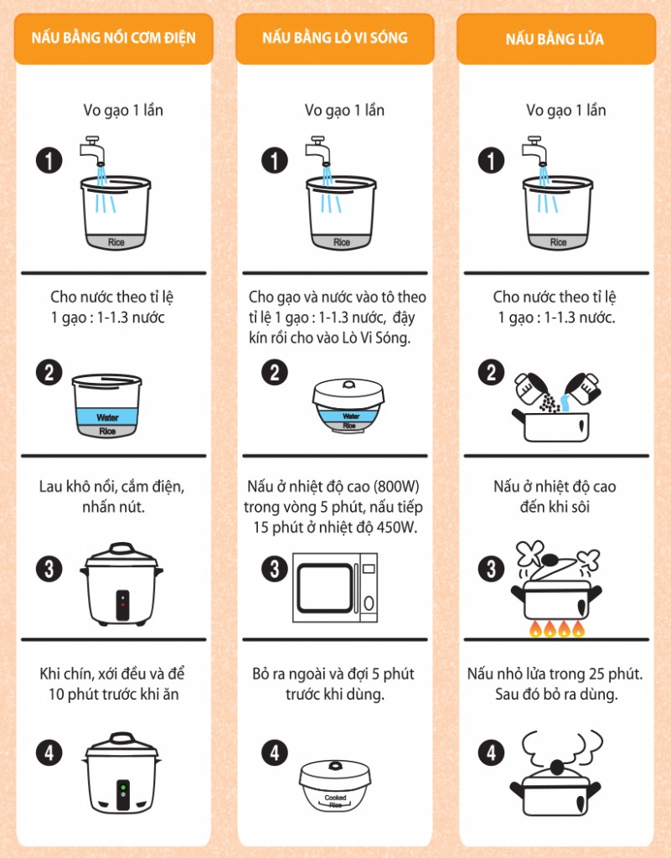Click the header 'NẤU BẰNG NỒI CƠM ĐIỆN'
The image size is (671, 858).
(113, 38)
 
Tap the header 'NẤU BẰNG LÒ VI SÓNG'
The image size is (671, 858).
(335, 38)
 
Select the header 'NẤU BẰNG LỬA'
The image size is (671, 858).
(555, 39)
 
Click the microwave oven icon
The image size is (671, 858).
(335, 587)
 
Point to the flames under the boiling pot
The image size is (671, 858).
(557, 628)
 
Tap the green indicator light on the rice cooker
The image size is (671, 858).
(123, 788)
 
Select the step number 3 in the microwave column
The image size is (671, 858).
(275, 569)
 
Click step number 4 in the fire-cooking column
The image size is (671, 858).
(491, 752)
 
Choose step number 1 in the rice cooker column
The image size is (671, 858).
(49, 161)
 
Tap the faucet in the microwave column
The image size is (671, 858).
(317, 150)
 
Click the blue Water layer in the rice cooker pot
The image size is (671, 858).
(107, 416)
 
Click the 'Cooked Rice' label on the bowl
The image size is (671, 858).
(335, 801)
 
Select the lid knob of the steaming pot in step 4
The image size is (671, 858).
(557, 768)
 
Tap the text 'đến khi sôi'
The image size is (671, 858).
(555, 507)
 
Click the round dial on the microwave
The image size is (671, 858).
(369, 603)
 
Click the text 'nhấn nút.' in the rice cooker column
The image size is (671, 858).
(113, 507)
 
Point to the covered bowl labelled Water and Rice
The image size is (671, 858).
(348, 406)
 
